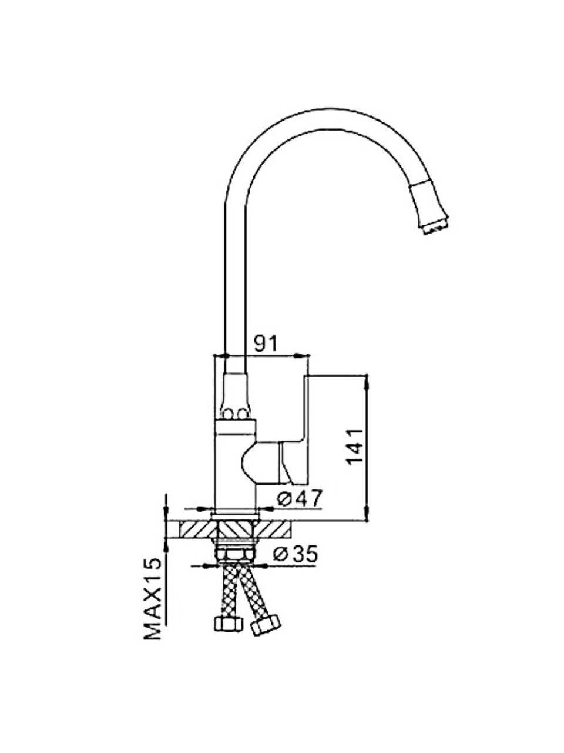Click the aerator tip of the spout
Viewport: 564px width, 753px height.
click(435, 228)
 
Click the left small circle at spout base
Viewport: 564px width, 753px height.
click(227, 414)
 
